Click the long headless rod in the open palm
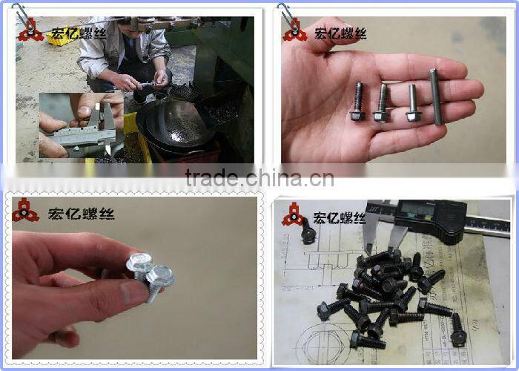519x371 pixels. (x=435, y=97)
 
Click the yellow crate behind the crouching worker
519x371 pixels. (x=59, y=36)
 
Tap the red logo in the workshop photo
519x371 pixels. (x=30, y=33)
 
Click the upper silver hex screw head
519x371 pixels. (x=140, y=262)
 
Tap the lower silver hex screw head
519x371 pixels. (x=160, y=278)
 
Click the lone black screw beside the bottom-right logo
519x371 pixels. (x=307, y=235)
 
